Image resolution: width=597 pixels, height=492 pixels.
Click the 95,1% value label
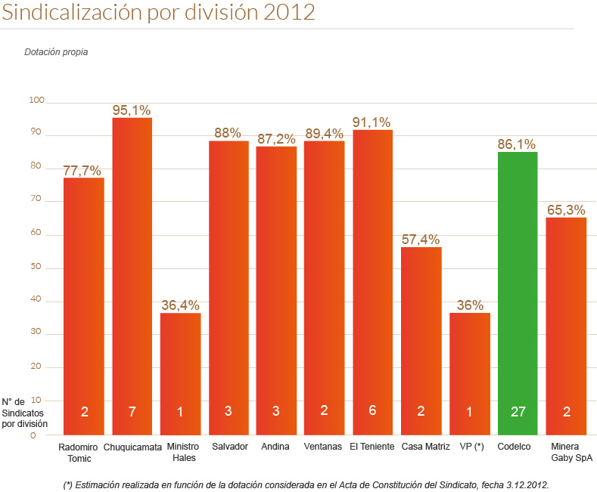(x=132, y=110)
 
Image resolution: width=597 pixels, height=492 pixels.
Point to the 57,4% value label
(x=421, y=240)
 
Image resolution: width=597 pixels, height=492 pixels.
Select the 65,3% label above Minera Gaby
(x=566, y=209)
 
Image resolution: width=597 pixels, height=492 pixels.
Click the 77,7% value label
(x=82, y=171)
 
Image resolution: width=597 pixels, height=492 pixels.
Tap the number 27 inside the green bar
(x=518, y=412)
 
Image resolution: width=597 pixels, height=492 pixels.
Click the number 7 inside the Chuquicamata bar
(x=132, y=412)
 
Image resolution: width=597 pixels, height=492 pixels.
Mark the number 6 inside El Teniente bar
(x=372, y=412)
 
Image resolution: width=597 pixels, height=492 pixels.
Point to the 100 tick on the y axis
(x=37, y=101)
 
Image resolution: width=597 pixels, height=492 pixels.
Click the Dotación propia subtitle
(x=56, y=53)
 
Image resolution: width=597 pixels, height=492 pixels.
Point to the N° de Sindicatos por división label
(x=24, y=413)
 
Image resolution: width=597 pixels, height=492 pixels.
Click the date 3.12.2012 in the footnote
(x=525, y=484)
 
